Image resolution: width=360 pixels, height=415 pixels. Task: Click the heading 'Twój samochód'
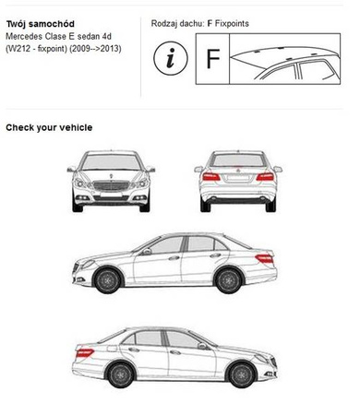click(x=41, y=24)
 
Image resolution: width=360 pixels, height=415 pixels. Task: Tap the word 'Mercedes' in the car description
click(x=24, y=36)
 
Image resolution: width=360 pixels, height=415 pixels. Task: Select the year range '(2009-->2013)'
click(x=95, y=49)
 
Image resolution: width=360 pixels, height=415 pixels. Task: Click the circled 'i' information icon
click(x=171, y=58)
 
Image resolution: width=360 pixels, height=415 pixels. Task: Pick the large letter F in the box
click(x=213, y=58)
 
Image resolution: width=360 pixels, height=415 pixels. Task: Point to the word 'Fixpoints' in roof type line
click(x=232, y=23)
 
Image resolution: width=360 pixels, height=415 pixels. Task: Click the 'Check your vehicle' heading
click(x=49, y=127)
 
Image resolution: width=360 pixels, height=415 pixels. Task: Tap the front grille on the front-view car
click(x=111, y=185)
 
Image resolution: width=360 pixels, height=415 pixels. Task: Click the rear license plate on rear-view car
click(x=238, y=178)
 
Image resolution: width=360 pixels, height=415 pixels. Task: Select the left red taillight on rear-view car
click(x=211, y=177)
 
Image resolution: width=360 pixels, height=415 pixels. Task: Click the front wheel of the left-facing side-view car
click(x=108, y=280)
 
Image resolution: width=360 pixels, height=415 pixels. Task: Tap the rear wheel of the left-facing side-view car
click(x=229, y=280)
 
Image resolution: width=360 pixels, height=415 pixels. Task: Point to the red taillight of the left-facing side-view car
click(x=265, y=259)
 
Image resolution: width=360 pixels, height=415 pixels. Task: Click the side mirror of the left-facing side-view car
click(x=146, y=252)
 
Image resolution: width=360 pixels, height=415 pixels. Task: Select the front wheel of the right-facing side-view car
click(x=242, y=374)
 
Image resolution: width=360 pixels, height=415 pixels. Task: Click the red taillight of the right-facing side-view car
click(x=85, y=353)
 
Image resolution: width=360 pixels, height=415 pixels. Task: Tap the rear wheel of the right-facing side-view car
click(x=121, y=374)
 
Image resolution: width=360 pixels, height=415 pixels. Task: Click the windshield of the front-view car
click(x=112, y=162)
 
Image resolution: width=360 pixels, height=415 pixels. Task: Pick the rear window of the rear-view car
click(x=238, y=160)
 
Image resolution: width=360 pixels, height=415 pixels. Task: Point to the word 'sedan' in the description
click(x=89, y=36)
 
